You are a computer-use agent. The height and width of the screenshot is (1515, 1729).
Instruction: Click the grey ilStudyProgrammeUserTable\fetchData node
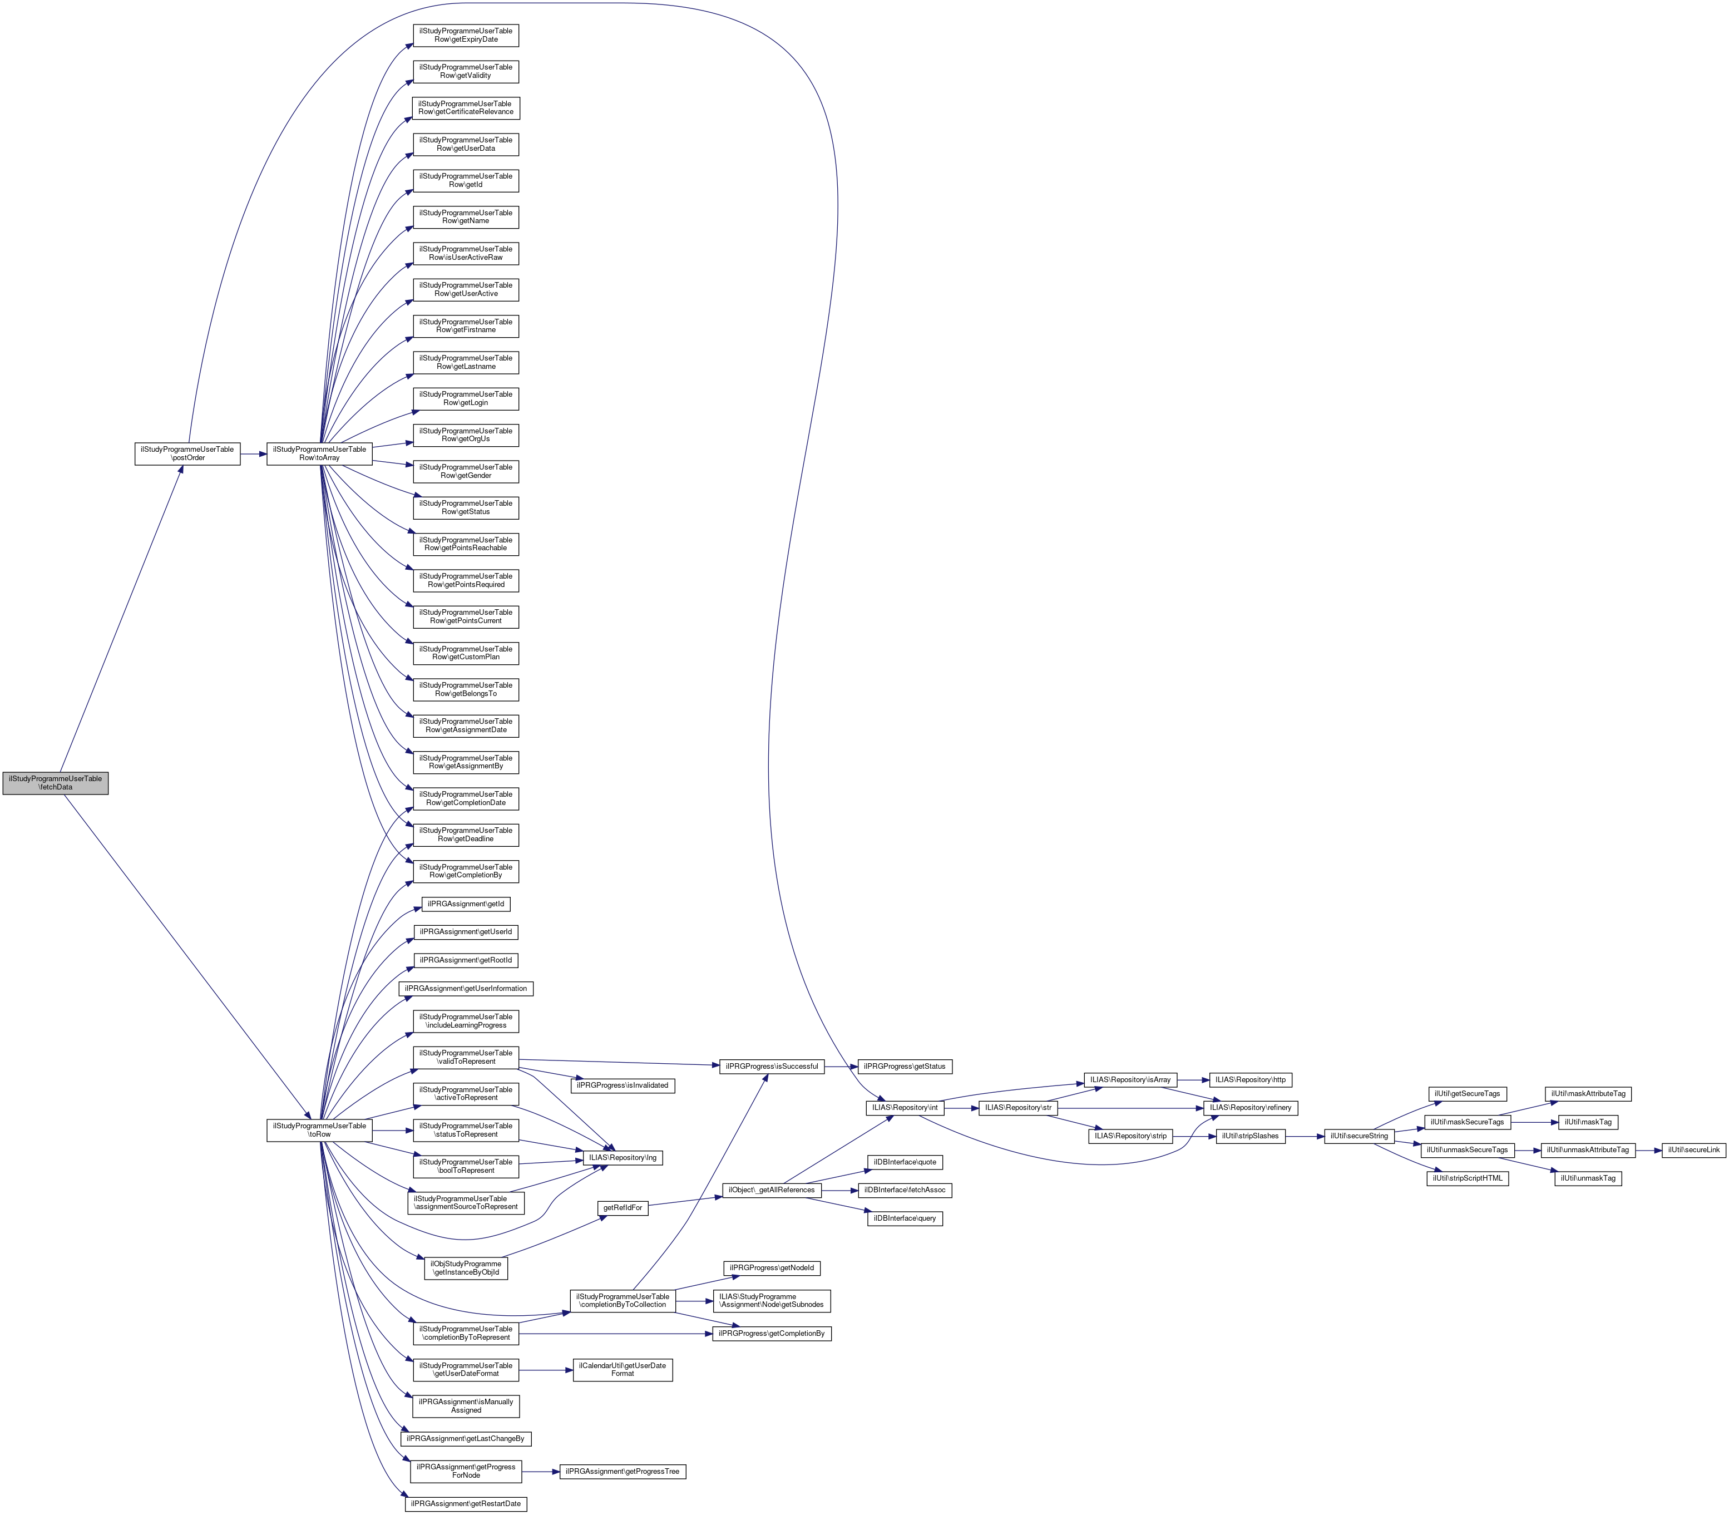click(x=55, y=783)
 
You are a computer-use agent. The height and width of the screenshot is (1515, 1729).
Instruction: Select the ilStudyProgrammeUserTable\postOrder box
click(x=187, y=453)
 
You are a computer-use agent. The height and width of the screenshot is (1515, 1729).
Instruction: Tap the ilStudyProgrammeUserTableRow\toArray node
click(x=319, y=453)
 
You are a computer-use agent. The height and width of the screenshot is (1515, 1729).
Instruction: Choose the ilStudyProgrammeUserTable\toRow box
click(x=319, y=1131)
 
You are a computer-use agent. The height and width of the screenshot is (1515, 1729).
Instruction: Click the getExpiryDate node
click(x=465, y=34)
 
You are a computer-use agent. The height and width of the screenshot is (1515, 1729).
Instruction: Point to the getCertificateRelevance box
click(x=465, y=107)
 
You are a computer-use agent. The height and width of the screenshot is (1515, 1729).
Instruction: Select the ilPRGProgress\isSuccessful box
click(x=770, y=1066)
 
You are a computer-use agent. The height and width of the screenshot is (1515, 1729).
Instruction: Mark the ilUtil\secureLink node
click(x=1693, y=1150)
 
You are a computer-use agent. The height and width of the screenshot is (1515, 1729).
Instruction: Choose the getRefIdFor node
click(x=623, y=1208)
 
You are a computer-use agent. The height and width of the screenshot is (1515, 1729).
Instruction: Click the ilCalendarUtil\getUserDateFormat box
click(x=623, y=1370)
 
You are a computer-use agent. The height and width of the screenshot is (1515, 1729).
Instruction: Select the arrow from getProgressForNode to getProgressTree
click(x=538, y=1472)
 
